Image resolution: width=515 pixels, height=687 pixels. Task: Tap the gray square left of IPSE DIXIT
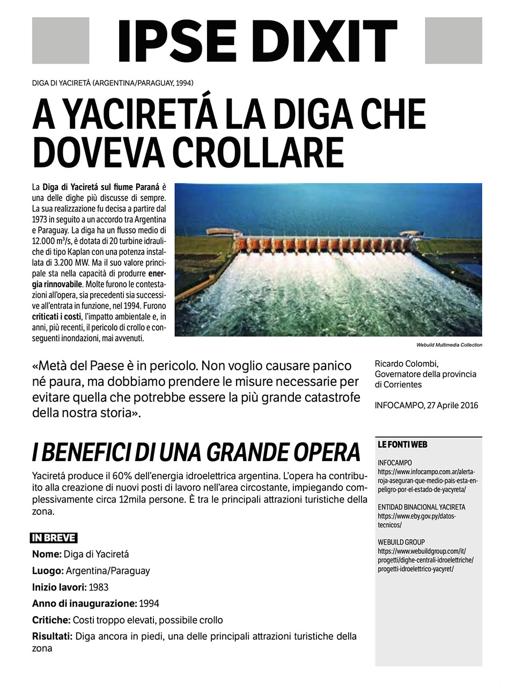[61, 41]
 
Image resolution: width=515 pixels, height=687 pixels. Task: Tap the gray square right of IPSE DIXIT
[453, 41]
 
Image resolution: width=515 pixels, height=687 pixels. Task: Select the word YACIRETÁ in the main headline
[138, 114]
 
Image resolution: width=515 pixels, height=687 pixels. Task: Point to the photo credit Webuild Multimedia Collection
[449, 345]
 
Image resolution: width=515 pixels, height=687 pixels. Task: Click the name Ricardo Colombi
[407, 364]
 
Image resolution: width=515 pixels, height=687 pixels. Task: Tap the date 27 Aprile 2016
[451, 405]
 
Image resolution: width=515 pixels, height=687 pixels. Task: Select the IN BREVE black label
[54, 538]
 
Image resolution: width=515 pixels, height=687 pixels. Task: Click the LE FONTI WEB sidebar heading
[402, 445]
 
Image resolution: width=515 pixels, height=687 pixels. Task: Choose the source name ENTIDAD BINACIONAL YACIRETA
[421, 507]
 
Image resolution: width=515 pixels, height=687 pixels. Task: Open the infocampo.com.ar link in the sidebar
[427, 480]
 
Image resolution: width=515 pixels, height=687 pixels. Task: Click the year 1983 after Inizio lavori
[99, 587]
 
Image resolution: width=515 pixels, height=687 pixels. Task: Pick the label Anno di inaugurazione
[84, 603]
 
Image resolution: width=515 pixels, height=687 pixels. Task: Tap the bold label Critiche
[51, 620]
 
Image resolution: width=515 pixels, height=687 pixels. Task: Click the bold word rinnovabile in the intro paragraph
[61, 284]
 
